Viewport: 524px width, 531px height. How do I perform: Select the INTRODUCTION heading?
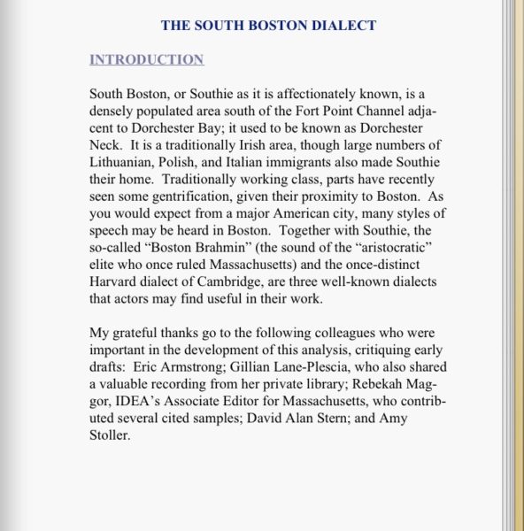coord(146,59)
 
